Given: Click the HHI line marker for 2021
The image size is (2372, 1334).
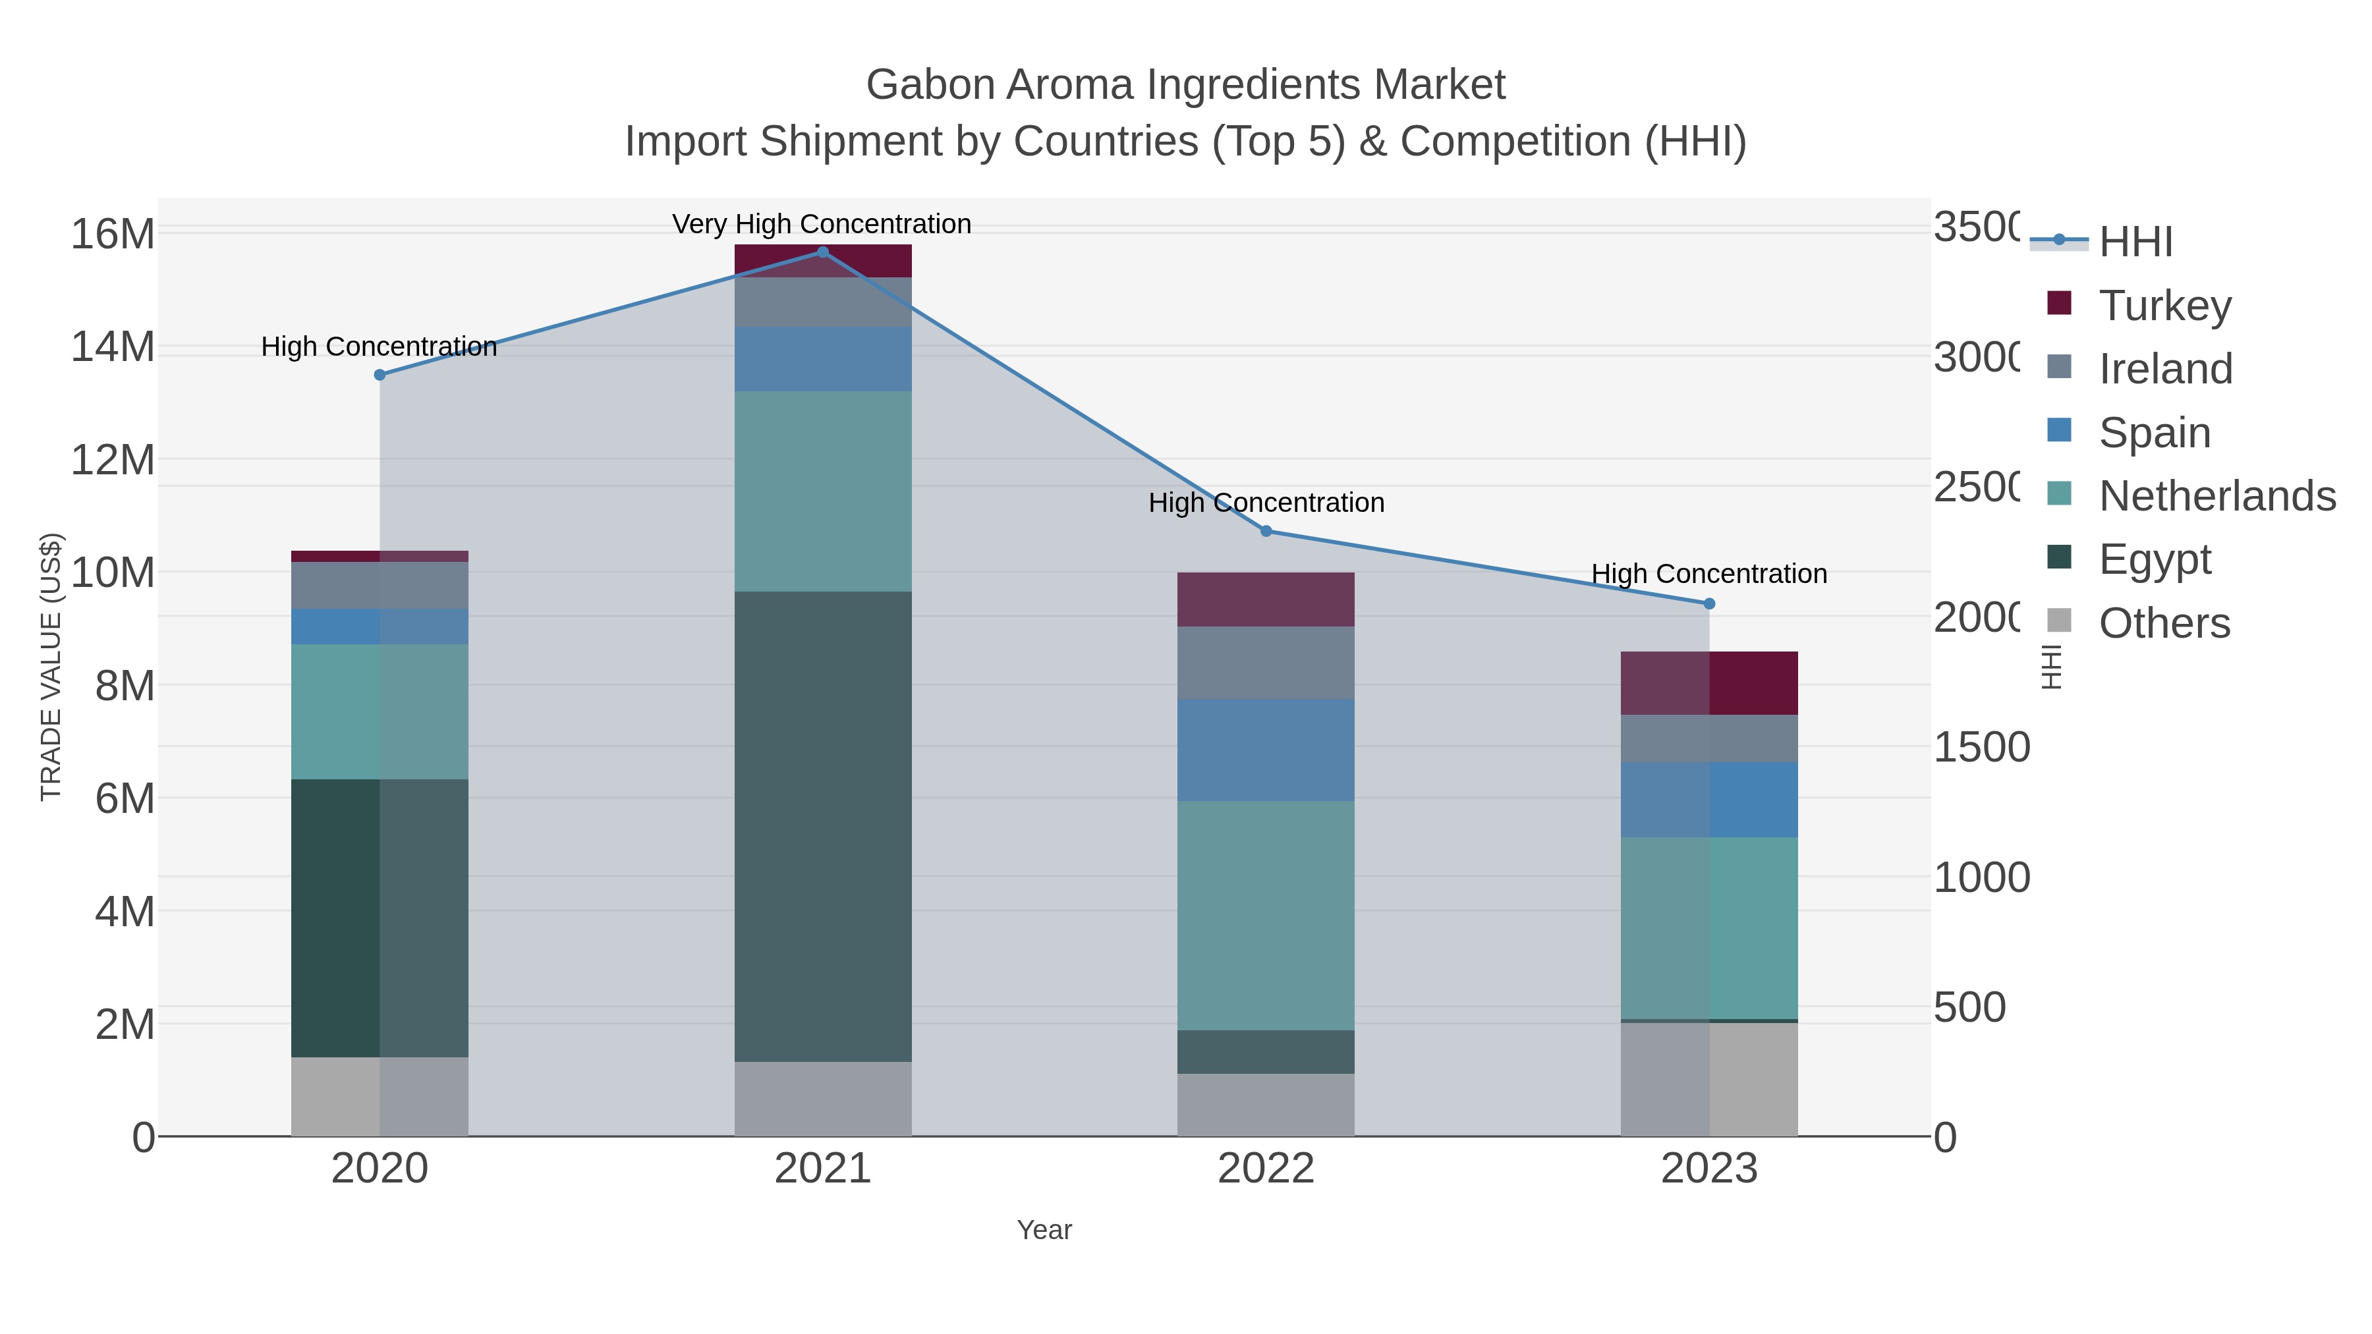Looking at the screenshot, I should (822, 252).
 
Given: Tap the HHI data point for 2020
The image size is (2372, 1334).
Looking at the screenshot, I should (380, 375).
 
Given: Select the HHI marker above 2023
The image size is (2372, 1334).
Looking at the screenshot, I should (1709, 604).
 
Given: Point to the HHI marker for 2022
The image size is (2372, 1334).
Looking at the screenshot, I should (1266, 531).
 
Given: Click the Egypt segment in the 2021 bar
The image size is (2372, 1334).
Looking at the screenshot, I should (822, 826).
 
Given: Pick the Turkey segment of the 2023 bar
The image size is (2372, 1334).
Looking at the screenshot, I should (1709, 683).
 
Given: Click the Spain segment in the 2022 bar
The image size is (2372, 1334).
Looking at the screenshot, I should (1266, 750).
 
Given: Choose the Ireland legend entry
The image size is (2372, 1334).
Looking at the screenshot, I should (2165, 368).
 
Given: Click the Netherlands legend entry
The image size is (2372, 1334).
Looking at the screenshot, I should (2217, 495).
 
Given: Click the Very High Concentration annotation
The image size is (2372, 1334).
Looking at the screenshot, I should (822, 224).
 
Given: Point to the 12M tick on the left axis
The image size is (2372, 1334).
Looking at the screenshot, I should (113, 459).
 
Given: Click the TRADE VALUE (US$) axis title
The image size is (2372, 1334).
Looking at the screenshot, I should (51, 667).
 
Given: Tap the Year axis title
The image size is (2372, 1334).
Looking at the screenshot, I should (1044, 1230).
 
